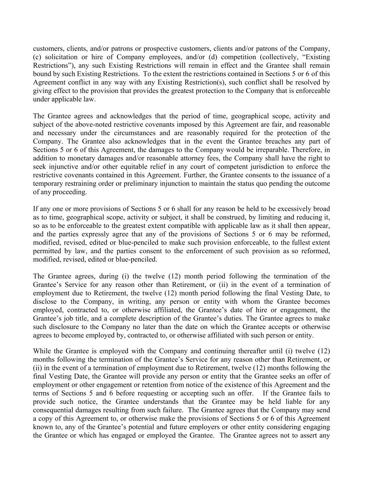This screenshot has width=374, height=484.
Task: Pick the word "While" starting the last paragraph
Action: (41, 351)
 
